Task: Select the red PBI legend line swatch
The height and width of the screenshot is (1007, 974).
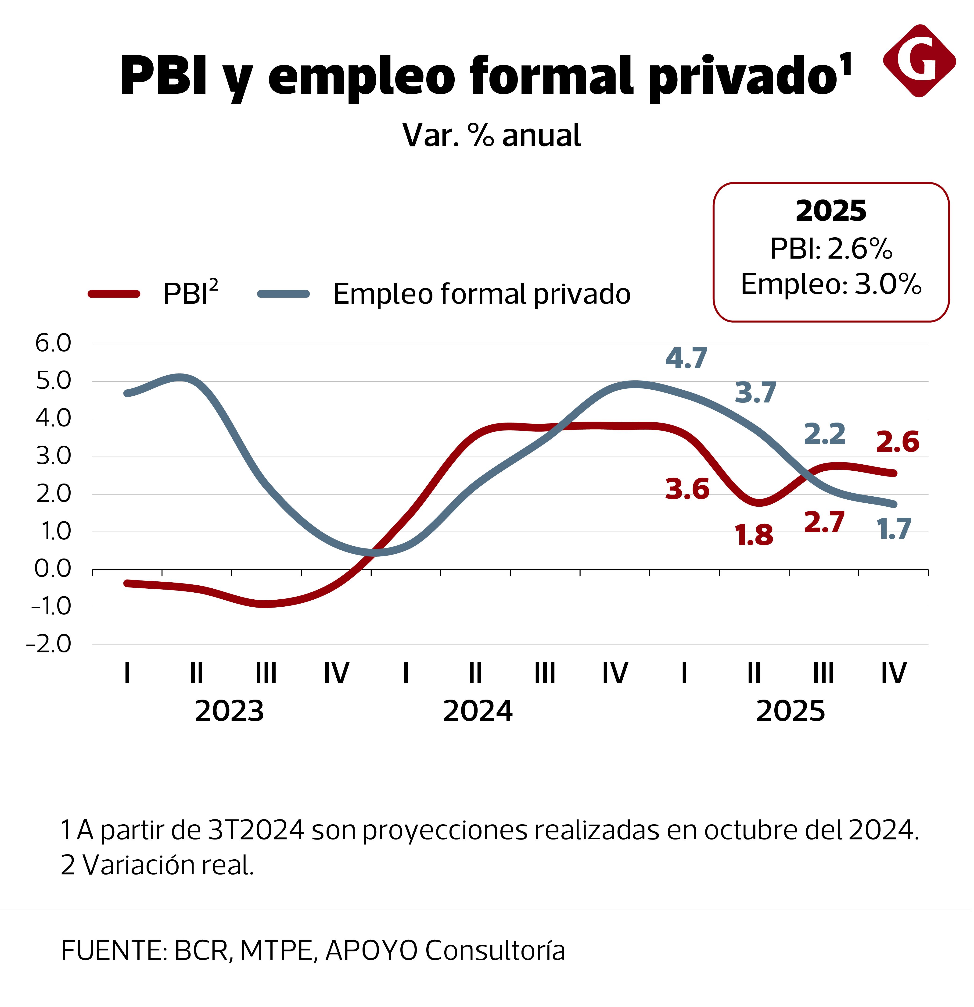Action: tap(114, 294)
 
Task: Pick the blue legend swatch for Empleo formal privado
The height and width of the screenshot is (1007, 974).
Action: tap(284, 294)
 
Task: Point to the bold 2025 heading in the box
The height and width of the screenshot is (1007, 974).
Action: tap(830, 211)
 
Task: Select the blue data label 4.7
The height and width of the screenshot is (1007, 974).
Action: tap(686, 358)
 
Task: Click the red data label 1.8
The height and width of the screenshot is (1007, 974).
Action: tap(754, 535)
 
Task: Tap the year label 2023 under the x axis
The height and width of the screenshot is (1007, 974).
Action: tap(229, 712)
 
